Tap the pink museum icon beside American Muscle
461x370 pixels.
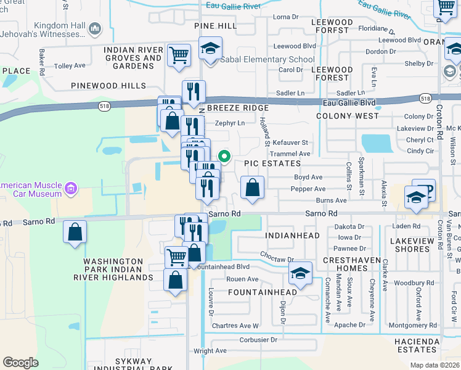coord(70,188)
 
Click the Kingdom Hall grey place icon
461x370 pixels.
coord(95,28)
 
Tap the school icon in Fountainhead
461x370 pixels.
coord(300,274)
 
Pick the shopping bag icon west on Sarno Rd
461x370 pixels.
coord(75,232)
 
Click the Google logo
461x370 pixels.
coord(20,363)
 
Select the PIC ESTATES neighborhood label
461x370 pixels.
coord(272,163)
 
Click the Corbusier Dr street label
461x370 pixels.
coord(260,339)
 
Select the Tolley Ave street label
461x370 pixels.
coord(70,66)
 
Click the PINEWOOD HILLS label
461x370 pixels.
coord(108,86)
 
